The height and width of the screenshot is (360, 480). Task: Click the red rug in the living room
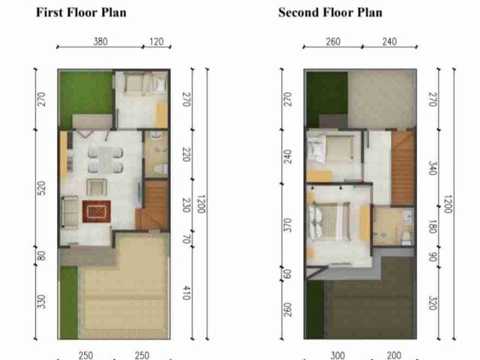pyautogui.click(x=97, y=211)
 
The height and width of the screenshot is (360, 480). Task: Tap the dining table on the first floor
pyautogui.click(x=106, y=159)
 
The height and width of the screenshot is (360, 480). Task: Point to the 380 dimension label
pyautogui.click(x=100, y=41)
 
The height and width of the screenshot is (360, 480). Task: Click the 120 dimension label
pyautogui.click(x=157, y=41)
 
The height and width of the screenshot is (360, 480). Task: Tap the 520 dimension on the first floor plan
pyautogui.click(x=42, y=188)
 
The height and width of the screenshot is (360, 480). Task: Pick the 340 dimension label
pyautogui.click(x=432, y=168)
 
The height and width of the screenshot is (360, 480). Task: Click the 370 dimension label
pyautogui.click(x=288, y=225)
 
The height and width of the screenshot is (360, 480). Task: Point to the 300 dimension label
pyautogui.click(x=337, y=355)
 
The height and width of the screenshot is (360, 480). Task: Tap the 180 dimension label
pyautogui.click(x=432, y=226)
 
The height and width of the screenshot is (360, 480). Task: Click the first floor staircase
pyautogui.click(x=153, y=205)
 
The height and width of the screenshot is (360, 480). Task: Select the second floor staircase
pyautogui.click(x=403, y=168)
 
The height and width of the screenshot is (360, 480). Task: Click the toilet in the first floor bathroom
pyautogui.click(x=160, y=168)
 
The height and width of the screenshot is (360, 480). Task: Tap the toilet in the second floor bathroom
pyautogui.click(x=406, y=238)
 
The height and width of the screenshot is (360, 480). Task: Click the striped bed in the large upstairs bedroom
pyautogui.click(x=329, y=221)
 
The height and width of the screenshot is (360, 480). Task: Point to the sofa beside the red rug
pyautogui.click(x=70, y=212)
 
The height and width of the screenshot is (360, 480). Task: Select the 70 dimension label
pyautogui.click(x=187, y=239)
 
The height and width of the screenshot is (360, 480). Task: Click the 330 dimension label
pyautogui.click(x=42, y=301)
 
